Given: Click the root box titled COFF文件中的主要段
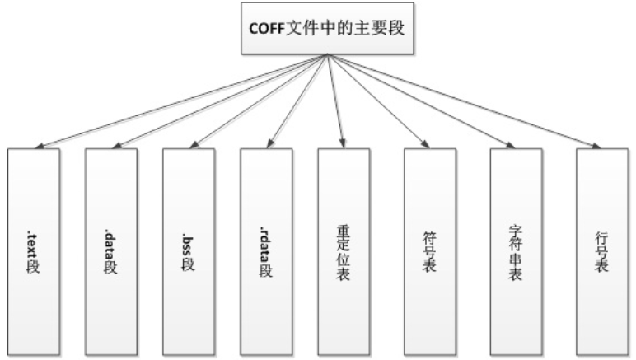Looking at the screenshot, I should tap(327, 28).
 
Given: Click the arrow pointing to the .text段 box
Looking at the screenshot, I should tap(181, 101).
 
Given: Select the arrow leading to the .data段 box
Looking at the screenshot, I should tap(220, 101).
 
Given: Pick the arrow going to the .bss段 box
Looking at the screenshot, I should tap(259, 101).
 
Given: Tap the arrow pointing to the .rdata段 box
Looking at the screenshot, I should tap(297, 101).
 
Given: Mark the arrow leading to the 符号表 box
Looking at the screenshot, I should tap(377, 101).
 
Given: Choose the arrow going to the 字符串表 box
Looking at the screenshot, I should tap(420, 101).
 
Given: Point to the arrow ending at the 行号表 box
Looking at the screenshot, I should tap(463, 101).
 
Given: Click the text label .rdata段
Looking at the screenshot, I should tap(266, 246).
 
